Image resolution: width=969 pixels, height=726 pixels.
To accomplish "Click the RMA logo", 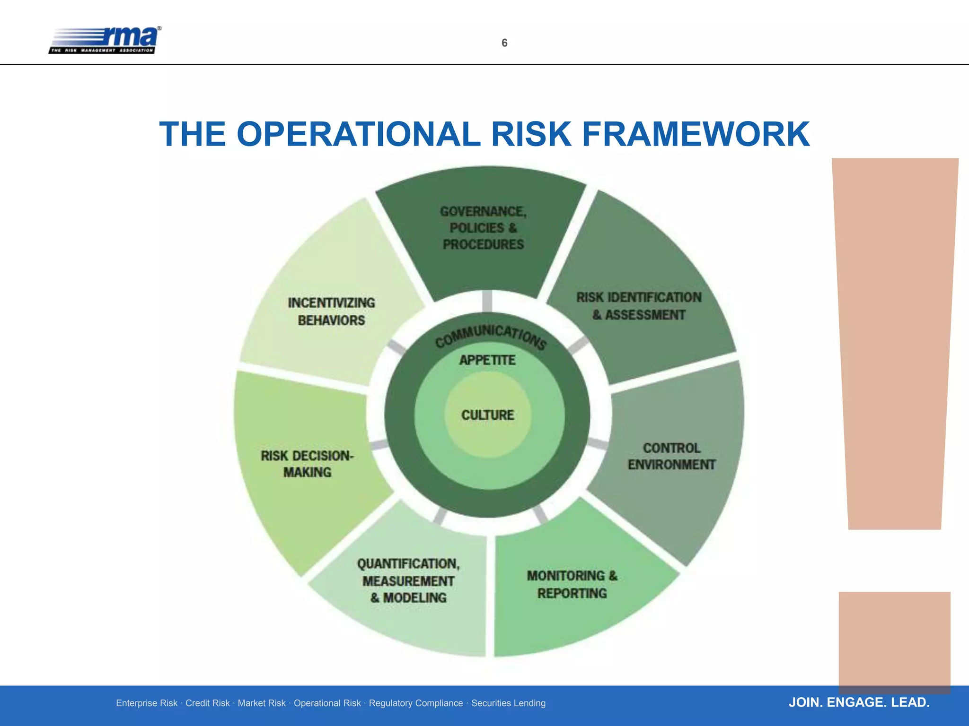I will click(105, 40).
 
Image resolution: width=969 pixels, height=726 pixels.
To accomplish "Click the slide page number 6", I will click(504, 43).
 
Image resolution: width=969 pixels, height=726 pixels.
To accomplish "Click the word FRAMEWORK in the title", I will click(696, 134).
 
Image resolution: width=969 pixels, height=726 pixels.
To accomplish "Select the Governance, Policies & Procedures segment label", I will click(483, 228).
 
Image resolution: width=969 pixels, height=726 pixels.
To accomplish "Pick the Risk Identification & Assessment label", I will click(639, 306).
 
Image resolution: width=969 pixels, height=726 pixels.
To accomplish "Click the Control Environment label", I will click(671, 456).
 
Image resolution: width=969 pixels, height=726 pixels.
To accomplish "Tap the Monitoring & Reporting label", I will click(572, 584).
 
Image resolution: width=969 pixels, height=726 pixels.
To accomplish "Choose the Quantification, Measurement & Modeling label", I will click(408, 580).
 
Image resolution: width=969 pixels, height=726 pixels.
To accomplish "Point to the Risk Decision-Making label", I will click(307, 464).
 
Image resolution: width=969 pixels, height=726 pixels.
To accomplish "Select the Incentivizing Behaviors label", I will click(331, 311).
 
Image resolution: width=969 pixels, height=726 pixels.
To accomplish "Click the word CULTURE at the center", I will click(487, 415).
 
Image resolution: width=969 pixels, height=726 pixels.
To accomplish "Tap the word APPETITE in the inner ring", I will click(487, 360).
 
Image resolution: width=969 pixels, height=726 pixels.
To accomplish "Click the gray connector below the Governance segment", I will click(487, 302).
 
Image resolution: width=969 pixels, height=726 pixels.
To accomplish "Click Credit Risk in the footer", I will click(207, 703).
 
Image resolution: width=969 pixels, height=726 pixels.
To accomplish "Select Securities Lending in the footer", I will click(508, 703).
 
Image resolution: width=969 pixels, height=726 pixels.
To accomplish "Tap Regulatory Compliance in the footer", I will click(416, 703).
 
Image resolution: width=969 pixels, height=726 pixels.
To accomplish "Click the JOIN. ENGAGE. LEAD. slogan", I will click(859, 702).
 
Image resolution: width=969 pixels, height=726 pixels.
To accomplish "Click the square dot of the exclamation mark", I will click(894, 640).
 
